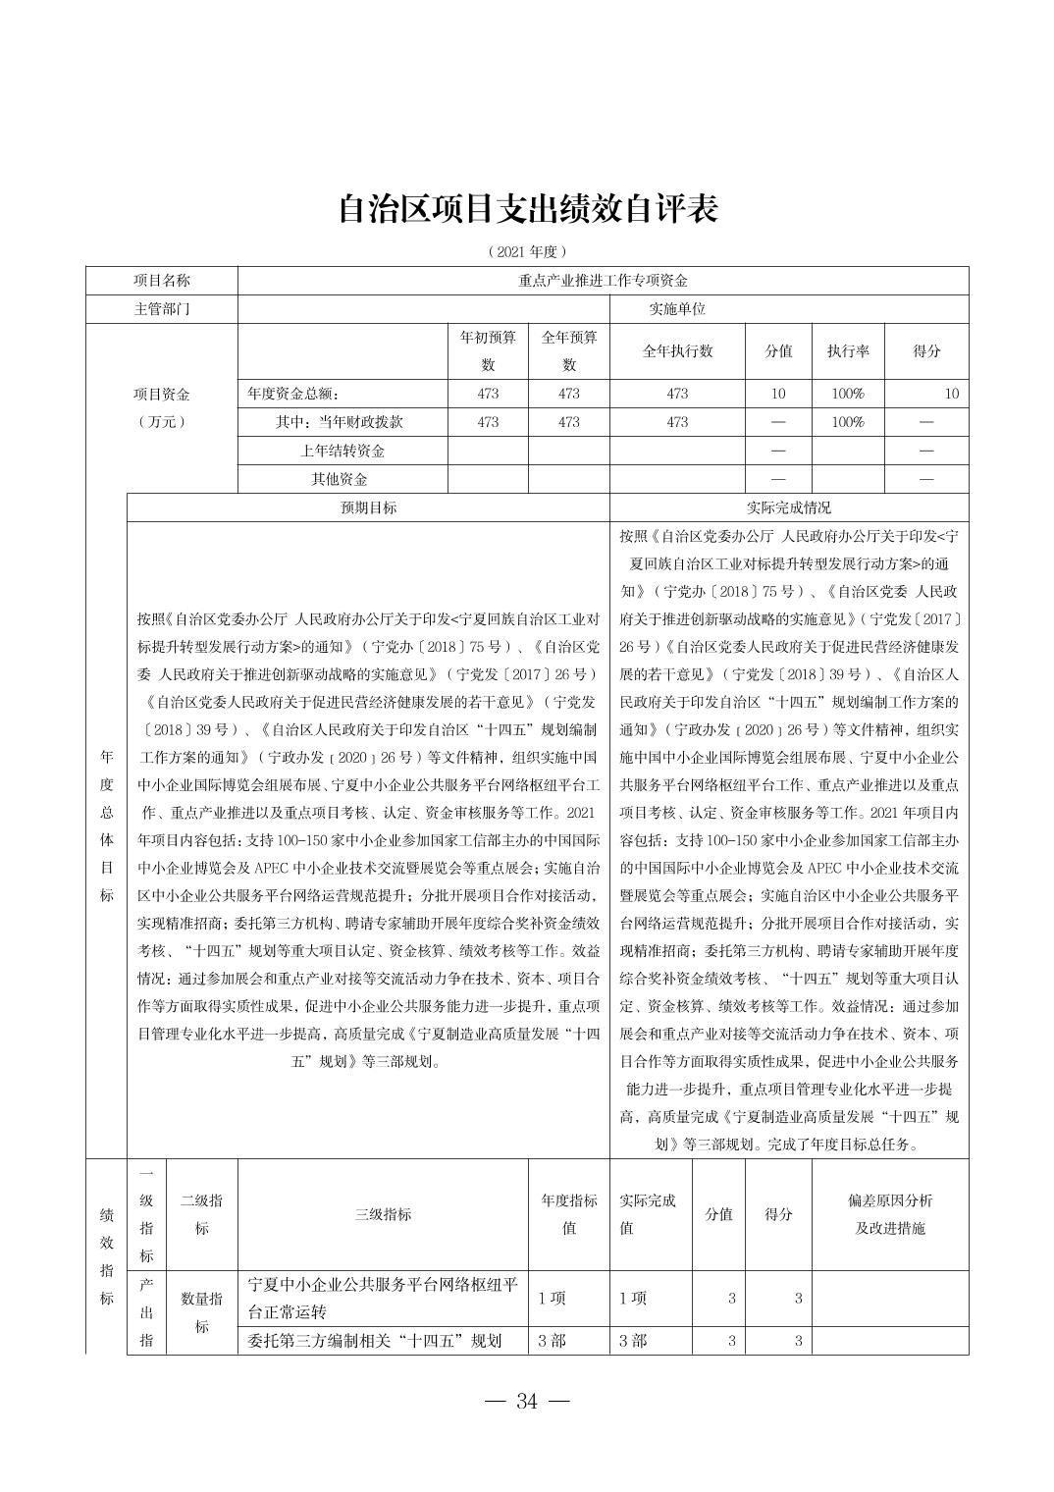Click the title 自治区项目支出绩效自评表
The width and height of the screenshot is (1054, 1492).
click(x=527, y=208)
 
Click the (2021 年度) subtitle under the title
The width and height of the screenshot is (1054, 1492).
click(x=527, y=252)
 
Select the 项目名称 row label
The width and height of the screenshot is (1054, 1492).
click(x=162, y=281)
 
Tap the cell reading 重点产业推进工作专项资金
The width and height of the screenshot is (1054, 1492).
click(x=603, y=281)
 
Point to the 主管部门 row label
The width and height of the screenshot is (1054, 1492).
click(x=162, y=309)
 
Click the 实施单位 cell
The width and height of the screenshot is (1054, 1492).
click(x=676, y=309)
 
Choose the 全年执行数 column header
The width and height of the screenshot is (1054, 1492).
click(x=677, y=351)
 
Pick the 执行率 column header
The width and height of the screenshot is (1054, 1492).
click(x=848, y=351)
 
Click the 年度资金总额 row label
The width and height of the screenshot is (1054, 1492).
click(x=292, y=394)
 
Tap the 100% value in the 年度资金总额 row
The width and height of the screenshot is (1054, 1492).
click(x=848, y=394)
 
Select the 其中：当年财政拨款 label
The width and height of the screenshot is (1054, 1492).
click(x=340, y=422)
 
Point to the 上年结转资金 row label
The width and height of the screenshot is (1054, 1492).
click(x=342, y=451)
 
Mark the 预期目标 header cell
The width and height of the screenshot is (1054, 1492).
click(x=368, y=507)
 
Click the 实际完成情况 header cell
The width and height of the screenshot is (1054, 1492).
click(x=788, y=507)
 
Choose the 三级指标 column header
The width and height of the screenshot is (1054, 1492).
click(x=383, y=1214)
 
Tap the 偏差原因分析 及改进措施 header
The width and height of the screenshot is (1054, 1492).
click(x=889, y=1214)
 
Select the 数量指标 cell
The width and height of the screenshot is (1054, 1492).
click(x=201, y=1312)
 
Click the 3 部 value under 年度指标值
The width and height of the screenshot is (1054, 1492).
click(x=553, y=1341)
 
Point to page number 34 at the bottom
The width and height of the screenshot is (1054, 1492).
click(x=527, y=1402)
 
